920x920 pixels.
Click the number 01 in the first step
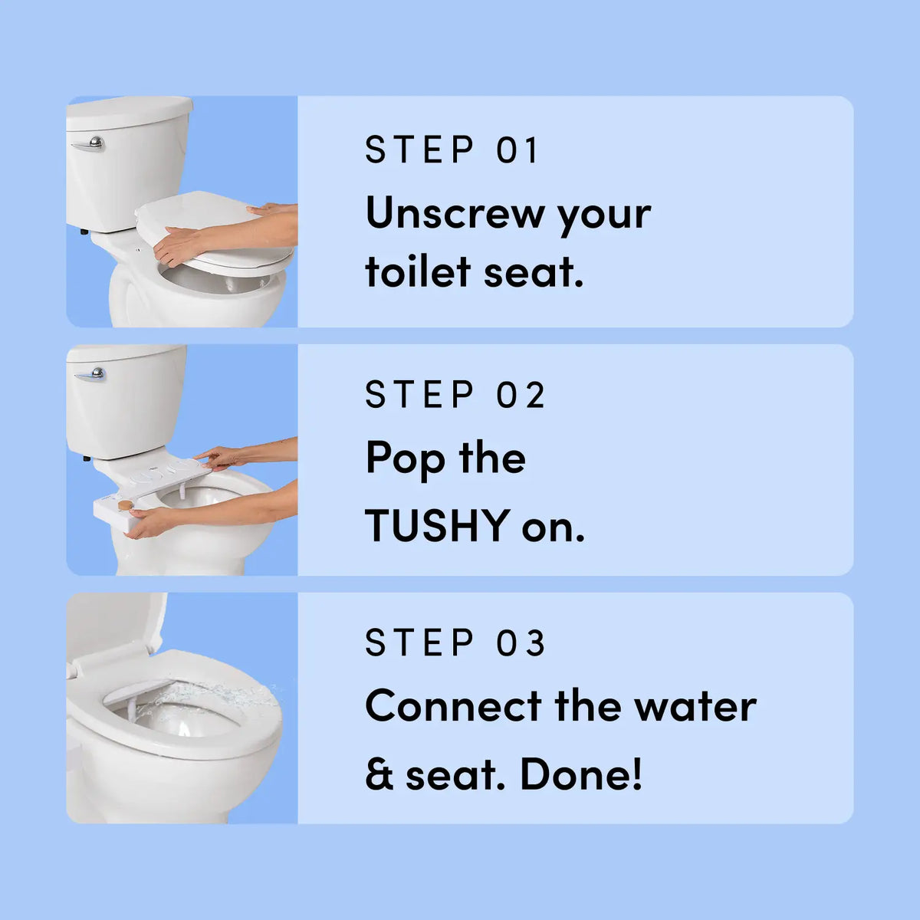(518, 149)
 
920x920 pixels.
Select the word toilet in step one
(418, 272)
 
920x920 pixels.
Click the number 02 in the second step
(521, 396)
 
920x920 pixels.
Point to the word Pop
(406, 459)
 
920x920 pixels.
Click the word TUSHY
(437, 526)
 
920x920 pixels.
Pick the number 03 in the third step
(521, 643)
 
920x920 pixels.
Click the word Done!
(581, 774)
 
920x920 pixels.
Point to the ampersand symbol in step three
(379, 775)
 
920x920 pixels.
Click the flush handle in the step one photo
(90, 143)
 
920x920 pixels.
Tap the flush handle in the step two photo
(91, 375)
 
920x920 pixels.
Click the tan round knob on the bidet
(125, 505)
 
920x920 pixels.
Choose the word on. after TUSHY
(553, 526)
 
